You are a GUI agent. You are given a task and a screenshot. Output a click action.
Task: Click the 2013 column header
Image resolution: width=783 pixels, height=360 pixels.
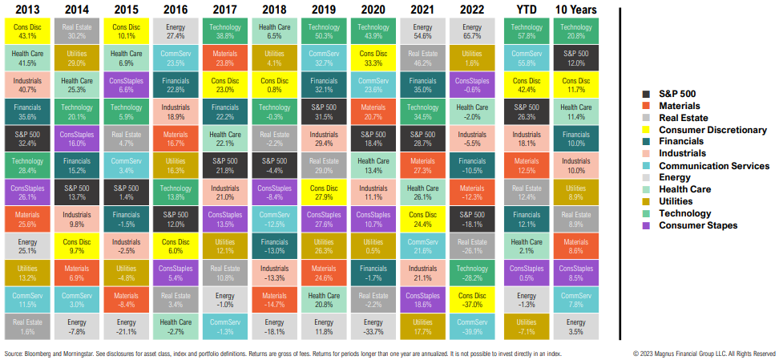pyautogui.click(x=27, y=9)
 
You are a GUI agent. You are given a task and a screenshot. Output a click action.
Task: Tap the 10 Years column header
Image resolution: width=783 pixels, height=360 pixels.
pyautogui.click(x=575, y=9)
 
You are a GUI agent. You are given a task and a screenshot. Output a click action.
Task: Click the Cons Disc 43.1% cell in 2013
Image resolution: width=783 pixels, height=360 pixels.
pyautogui.click(x=27, y=31)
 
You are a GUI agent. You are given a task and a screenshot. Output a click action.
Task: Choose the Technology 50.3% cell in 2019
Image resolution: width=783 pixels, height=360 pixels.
pyautogui.click(x=324, y=31)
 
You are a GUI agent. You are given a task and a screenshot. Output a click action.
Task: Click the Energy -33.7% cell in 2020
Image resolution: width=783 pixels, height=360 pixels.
pyautogui.click(x=373, y=326)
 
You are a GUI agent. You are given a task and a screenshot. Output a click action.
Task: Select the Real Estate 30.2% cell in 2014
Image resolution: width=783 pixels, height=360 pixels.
pyautogui.click(x=77, y=31)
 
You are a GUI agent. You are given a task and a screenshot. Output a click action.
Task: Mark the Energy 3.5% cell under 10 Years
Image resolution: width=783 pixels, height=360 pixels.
pyautogui.click(x=575, y=326)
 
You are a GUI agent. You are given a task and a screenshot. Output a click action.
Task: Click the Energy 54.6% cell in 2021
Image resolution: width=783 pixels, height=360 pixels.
pyautogui.click(x=422, y=31)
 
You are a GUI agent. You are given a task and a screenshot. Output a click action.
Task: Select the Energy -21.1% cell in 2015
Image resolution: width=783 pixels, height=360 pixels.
pyautogui.click(x=127, y=326)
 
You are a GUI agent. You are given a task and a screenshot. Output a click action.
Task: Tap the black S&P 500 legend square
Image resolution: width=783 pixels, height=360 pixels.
pyautogui.click(x=646, y=93)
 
